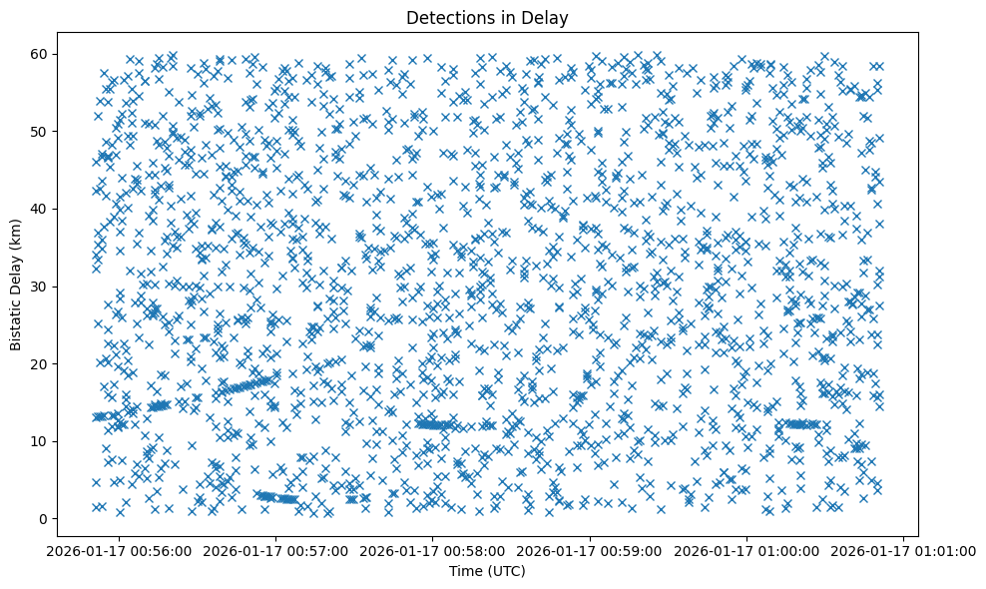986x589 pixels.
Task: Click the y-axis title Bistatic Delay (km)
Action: [17, 286]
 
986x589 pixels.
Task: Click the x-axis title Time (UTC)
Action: [487, 571]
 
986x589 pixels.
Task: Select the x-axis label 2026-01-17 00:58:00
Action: [433, 550]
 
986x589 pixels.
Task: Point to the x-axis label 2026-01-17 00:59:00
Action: [591, 550]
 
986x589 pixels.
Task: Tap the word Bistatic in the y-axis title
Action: [17, 321]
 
